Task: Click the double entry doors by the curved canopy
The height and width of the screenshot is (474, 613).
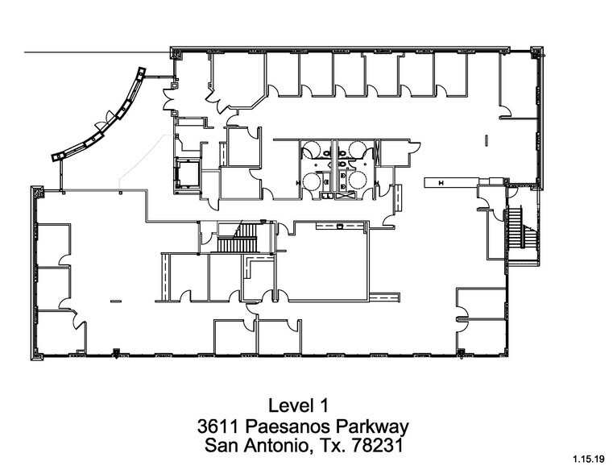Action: tap(172, 102)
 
